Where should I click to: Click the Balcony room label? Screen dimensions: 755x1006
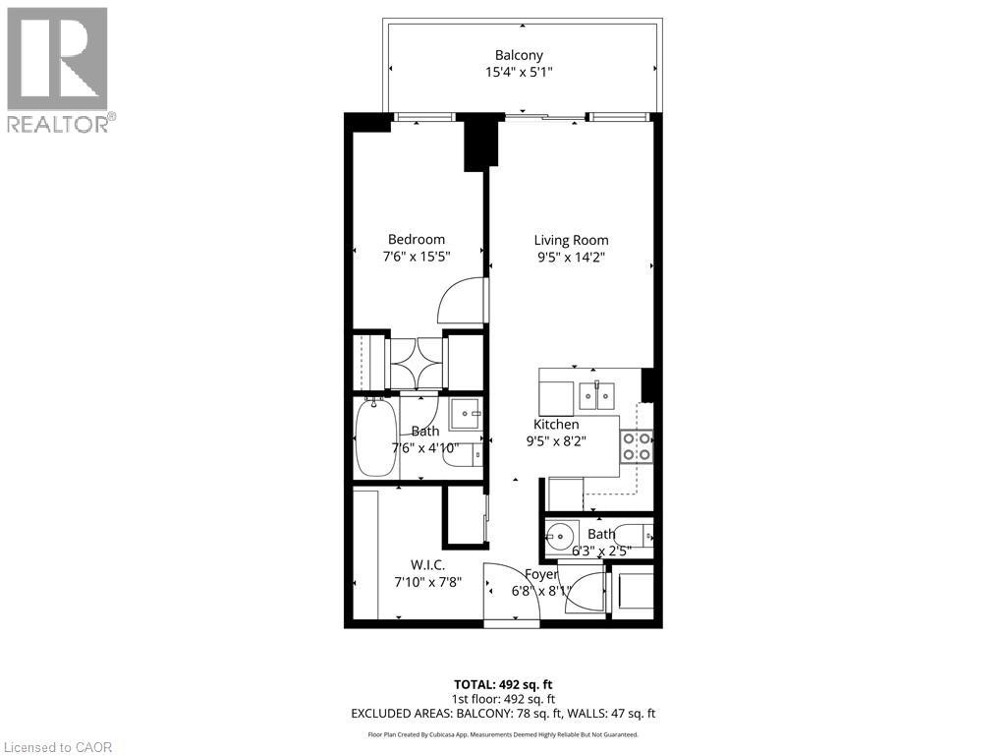point(520,55)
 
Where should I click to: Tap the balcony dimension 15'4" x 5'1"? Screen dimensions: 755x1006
point(520,72)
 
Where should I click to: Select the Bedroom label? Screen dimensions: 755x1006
point(416,239)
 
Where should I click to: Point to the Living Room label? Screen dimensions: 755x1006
point(571,240)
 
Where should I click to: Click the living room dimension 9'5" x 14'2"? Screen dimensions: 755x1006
point(571,258)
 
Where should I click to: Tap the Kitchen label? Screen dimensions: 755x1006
point(556,424)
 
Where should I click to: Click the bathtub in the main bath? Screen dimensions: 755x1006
point(375,436)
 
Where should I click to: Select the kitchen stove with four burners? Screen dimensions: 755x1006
point(637,446)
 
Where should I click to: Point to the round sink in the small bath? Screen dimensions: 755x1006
point(561,537)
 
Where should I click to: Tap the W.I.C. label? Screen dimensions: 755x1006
point(427,564)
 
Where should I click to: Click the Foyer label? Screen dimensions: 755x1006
point(541,574)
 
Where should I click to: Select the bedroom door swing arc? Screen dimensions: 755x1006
point(463,301)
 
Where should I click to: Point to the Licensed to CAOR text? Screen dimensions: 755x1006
point(58,747)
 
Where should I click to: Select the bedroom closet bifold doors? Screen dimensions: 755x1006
point(418,363)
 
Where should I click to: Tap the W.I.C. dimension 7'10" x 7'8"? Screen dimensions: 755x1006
point(427,582)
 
